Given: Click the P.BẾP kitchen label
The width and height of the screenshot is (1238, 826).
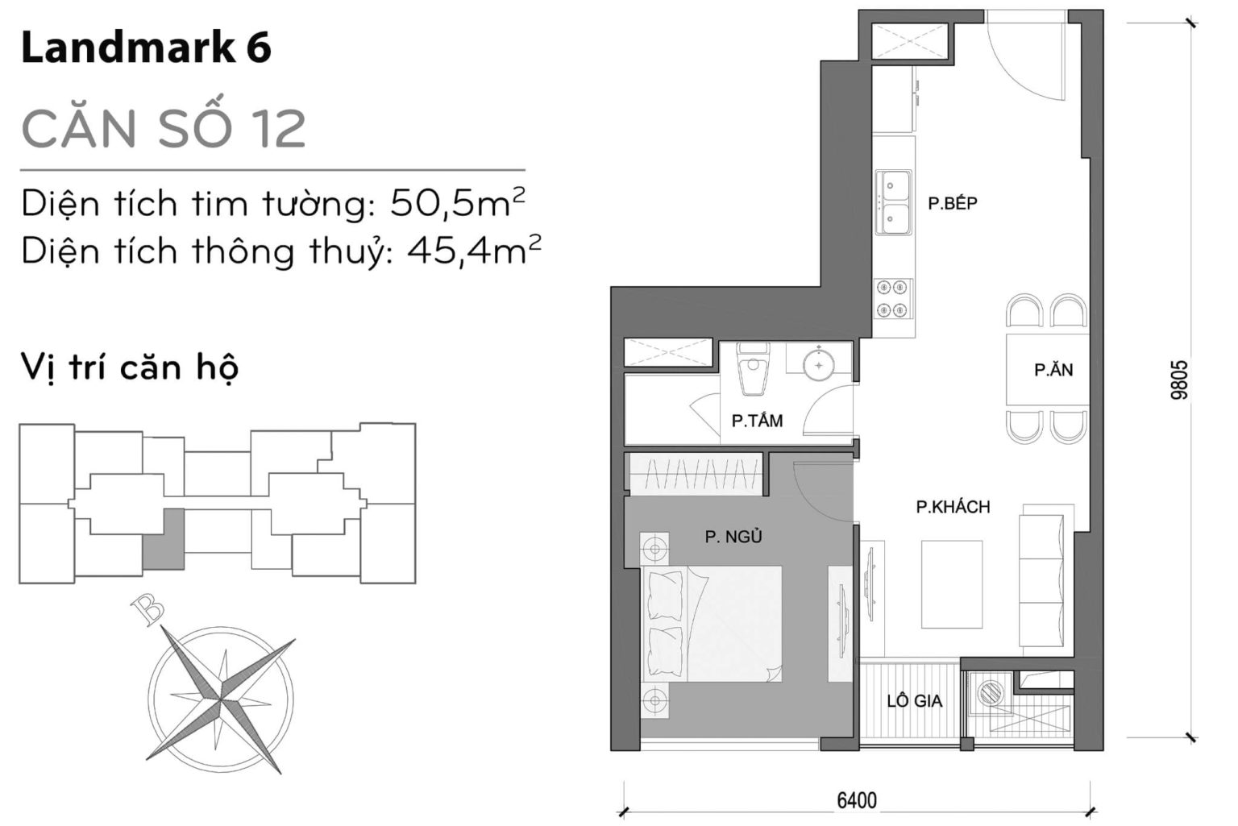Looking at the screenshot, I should [952, 203].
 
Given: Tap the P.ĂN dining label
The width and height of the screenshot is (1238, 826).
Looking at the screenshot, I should [1053, 370].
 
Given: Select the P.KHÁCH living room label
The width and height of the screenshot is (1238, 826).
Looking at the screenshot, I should [953, 507].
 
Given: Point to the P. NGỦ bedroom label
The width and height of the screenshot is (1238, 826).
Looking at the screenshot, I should [733, 537].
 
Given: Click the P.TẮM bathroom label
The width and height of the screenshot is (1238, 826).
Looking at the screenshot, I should [756, 421].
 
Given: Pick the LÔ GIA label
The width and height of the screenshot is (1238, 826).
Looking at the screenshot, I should [914, 701].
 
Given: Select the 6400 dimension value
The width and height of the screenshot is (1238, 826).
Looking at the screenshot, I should [856, 800].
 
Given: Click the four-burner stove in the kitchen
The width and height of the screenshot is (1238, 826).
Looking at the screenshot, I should [893, 298].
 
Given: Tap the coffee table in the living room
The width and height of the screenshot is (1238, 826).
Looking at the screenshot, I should [952, 584].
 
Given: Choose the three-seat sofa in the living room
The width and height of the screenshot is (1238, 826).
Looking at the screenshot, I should [1045, 578].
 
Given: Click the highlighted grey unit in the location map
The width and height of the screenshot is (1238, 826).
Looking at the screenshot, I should [163, 540].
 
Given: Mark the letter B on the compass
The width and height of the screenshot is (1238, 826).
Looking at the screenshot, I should [148, 609].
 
